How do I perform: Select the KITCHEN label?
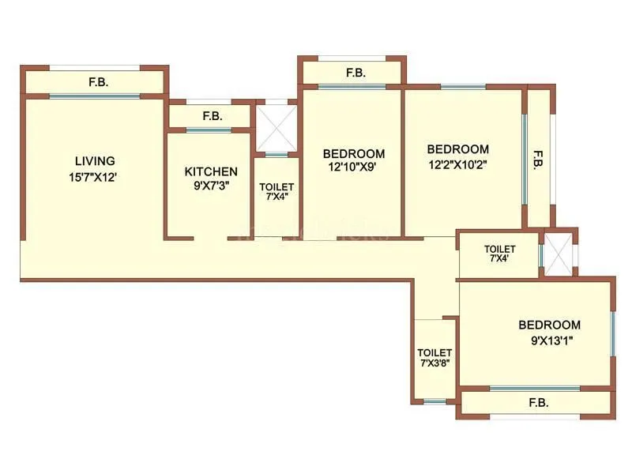(x=211, y=171)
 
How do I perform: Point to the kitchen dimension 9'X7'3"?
(x=211, y=187)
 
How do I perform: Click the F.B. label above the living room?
(x=97, y=82)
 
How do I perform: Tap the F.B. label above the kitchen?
(x=212, y=116)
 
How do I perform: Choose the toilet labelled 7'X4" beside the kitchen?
(x=276, y=192)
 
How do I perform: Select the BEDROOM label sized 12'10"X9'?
(x=354, y=153)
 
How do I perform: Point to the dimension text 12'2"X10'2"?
(x=458, y=165)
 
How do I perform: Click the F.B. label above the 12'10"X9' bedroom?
(x=355, y=73)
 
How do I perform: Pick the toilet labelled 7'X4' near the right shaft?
(x=500, y=254)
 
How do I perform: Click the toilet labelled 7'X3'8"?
(x=434, y=358)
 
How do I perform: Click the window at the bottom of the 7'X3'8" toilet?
(x=434, y=401)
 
